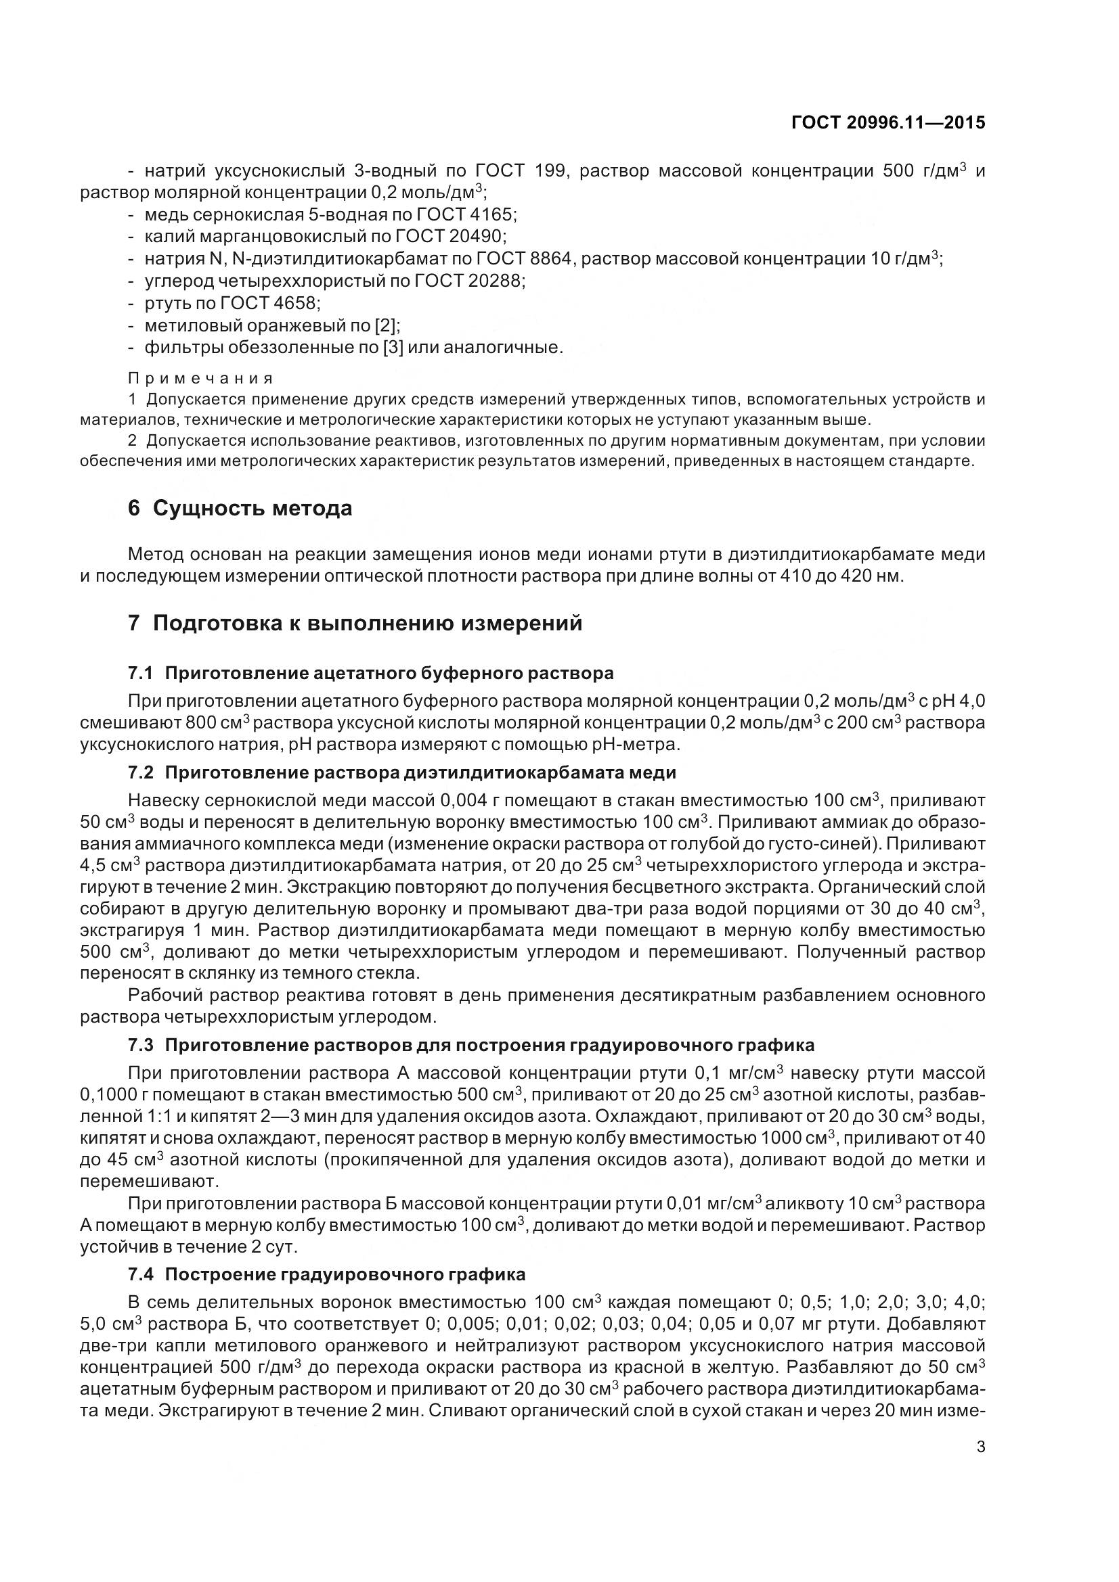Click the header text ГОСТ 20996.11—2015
tap(888, 122)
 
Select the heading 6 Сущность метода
tap(240, 509)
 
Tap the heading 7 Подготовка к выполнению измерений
tap(355, 623)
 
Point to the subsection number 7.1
tap(141, 672)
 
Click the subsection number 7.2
tap(141, 772)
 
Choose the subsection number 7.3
tap(141, 1045)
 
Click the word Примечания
tap(200, 378)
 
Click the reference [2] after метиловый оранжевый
tap(385, 325)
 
